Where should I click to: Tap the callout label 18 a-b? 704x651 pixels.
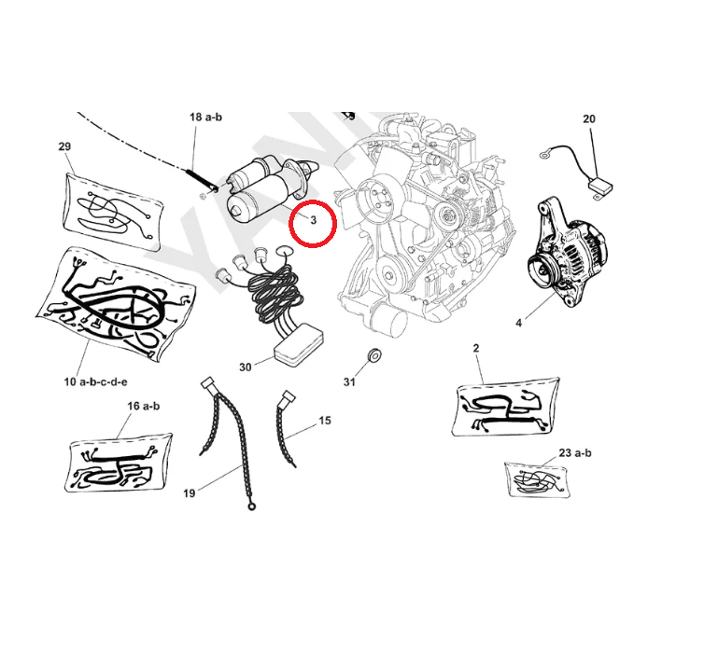click(205, 117)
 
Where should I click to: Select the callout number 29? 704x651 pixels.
click(64, 146)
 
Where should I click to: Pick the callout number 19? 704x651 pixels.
click(190, 493)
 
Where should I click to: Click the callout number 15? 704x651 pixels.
click(324, 421)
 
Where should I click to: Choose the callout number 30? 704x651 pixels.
click(245, 367)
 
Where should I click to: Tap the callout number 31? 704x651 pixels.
click(349, 382)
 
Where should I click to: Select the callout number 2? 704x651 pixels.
click(476, 348)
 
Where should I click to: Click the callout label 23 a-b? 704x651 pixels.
click(576, 452)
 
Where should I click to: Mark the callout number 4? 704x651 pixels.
click(518, 324)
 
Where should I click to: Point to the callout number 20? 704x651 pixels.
click(588, 118)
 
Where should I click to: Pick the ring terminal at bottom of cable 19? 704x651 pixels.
click(251, 507)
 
